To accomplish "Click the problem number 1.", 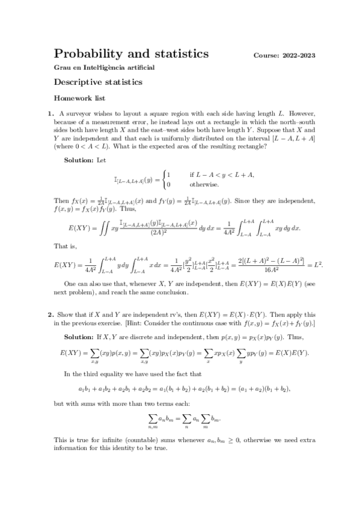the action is pyautogui.click(x=50, y=113).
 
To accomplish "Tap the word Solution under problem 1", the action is pyautogui.click(x=76, y=159).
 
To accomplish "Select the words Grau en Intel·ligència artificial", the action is pyautogui.click(x=104, y=67).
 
